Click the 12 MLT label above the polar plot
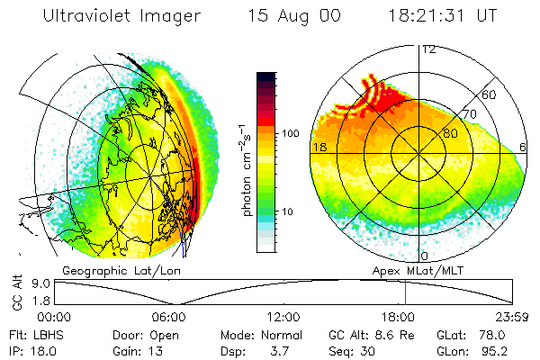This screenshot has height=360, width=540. click(x=428, y=49)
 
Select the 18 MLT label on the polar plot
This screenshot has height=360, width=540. click(x=319, y=146)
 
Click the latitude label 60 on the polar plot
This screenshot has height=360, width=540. click(x=490, y=94)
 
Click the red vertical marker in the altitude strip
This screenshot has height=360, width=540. click(x=405, y=292)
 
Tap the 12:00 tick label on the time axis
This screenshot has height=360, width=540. click(x=283, y=316)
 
